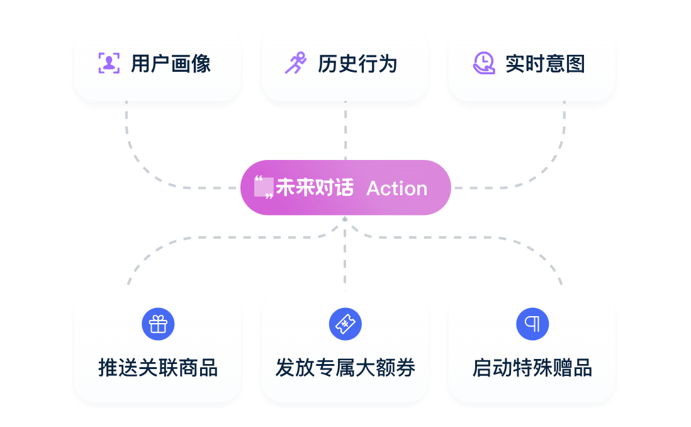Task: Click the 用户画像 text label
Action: (171, 64)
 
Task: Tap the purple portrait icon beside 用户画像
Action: (109, 63)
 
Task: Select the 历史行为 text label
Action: (357, 64)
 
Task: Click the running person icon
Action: (295, 63)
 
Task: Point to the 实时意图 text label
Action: (545, 64)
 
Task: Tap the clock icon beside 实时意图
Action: (483, 63)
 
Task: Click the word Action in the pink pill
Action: (396, 188)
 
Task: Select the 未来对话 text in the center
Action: (315, 188)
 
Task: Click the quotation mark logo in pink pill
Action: (263, 188)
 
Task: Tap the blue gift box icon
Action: (158, 324)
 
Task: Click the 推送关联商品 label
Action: (158, 368)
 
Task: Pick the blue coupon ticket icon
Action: (345, 324)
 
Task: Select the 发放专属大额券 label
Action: (345, 368)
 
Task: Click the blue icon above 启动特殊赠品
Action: (532, 324)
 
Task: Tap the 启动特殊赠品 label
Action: (532, 368)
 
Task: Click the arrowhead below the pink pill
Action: (345, 219)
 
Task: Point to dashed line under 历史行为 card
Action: (345, 132)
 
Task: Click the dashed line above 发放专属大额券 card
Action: (345, 265)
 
